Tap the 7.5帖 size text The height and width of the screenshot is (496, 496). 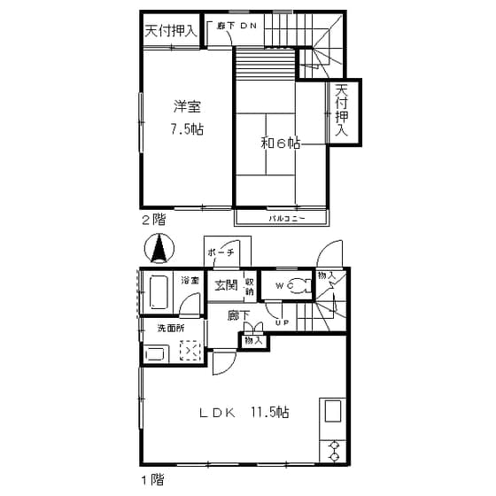[x=187, y=129]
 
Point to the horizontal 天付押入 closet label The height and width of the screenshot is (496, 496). [x=171, y=30]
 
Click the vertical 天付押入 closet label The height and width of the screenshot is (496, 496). [x=342, y=111]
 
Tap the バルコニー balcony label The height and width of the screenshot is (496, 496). [x=286, y=217]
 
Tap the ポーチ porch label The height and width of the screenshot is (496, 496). [x=221, y=253]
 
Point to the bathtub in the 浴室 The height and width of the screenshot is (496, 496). [x=160, y=291]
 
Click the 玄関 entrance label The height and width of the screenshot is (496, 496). [x=226, y=285]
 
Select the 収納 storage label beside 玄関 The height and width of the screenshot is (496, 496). [x=250, y=285]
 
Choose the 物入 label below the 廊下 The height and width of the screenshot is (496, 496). [x=252, y=340]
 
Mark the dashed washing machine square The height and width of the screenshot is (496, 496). [x=190, y=352]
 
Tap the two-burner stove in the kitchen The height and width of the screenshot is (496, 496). [x=335, y=449]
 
